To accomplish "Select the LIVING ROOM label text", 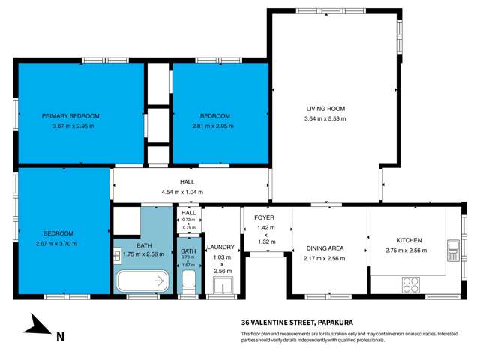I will (325, 108).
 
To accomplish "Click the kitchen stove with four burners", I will (411, 284).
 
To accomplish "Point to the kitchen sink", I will (452, 246).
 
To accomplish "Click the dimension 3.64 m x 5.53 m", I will (325, 119).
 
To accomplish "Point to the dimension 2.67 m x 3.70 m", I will (56, 243).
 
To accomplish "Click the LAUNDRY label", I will (221, 247).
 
